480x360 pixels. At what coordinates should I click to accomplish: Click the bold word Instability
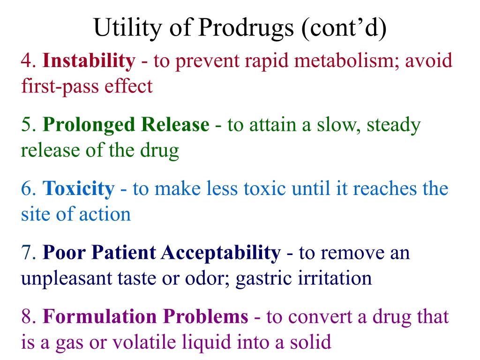pos(89,61)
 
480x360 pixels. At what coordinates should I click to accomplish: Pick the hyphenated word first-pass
pos(52,86)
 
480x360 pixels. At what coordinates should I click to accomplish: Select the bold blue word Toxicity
pos(78,189)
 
